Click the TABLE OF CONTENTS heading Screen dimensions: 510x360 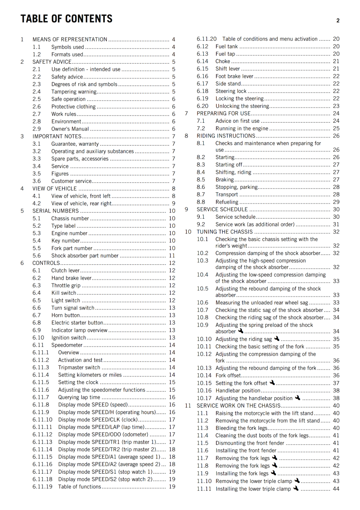point(66,19)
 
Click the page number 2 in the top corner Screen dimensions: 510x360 point(338,21)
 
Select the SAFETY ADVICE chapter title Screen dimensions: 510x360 point(52,62)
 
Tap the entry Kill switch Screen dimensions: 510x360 point(64,293)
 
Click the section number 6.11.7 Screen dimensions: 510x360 point(41,397)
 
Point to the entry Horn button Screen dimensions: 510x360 point(66,315)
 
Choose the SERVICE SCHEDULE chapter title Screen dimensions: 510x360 point(222,209)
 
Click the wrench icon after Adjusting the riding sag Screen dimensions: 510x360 point(277,339)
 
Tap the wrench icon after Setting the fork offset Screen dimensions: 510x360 point(272,382)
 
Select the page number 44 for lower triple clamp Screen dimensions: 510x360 point(336,489)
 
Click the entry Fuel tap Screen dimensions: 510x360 point(225,54)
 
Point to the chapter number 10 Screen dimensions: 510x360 point(188,232)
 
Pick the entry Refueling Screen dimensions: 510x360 point(227,202)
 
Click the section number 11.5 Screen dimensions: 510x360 point(202,443)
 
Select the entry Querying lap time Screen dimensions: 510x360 point(79,397)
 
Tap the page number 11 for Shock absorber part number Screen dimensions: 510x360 point(172,256)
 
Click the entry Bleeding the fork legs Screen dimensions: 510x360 point(241,428)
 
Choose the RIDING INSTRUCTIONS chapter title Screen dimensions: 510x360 point(226,136)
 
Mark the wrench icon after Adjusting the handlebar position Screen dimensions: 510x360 point(298,397)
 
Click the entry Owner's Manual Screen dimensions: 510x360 point(70,129)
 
